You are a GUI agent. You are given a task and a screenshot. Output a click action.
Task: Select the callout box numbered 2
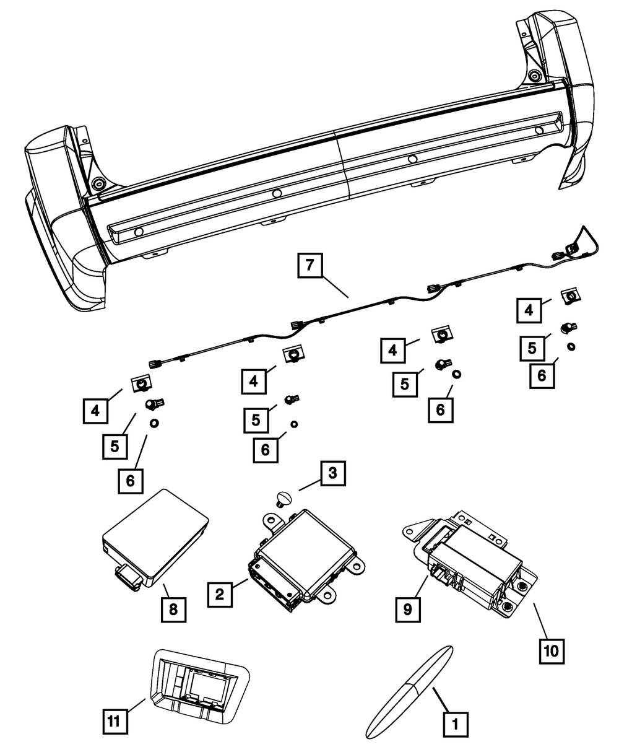[220, 594]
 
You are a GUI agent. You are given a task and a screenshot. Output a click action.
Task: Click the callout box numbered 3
[332, 474]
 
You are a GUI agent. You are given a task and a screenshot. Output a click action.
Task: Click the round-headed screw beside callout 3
[285, 497]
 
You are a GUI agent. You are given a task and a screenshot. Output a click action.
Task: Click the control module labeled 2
[303, 551]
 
